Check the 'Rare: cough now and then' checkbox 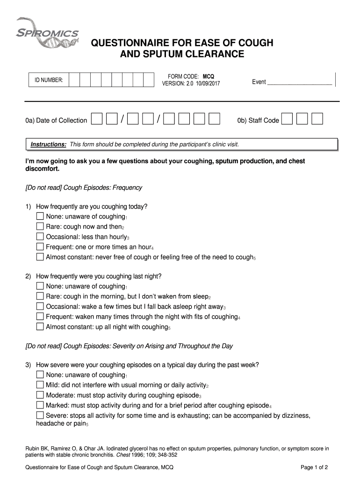(40, 227)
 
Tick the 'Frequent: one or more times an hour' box (40, 247)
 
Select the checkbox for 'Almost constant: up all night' (40, 327)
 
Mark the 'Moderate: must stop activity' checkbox (40, 395)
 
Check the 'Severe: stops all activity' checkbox (40, 415)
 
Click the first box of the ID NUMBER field (74, 80)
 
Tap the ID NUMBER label (49, 80)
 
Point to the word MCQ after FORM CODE (209, 76)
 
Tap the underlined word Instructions (49, 145)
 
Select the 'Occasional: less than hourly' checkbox (40, 237)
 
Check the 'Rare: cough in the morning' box (40, 297)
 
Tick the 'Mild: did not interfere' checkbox (40, 385)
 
